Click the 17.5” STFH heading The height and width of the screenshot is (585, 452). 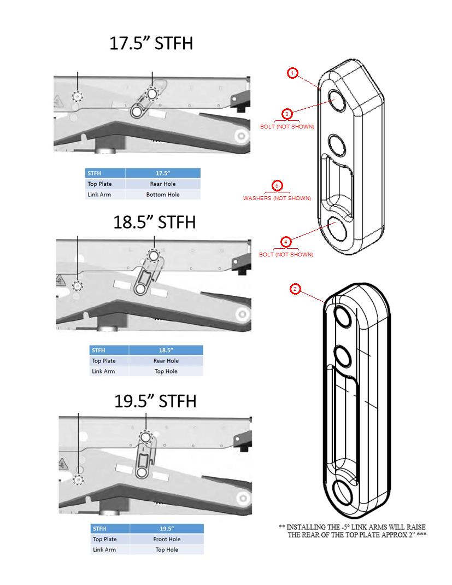coord(151,44)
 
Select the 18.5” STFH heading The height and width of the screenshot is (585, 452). coord(154,222)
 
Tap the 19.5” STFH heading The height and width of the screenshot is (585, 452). coord(155,401)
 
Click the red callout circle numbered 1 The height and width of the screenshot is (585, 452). coord(293,73)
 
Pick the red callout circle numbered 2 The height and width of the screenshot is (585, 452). coord(296,289)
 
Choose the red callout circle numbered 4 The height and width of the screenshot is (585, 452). coord(286,241)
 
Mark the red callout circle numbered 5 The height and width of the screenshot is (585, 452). coord(277,185)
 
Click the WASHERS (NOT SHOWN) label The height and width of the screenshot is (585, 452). coord(277,198)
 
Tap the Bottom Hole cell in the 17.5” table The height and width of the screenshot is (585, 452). coord(162,194)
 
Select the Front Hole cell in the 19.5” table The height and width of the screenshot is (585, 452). coord(166,539)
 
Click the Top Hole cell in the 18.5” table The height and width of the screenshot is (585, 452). coord(166,371)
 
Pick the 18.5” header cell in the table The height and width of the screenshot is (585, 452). coord(166,350)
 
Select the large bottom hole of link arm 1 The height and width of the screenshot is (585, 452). coord(341,227)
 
